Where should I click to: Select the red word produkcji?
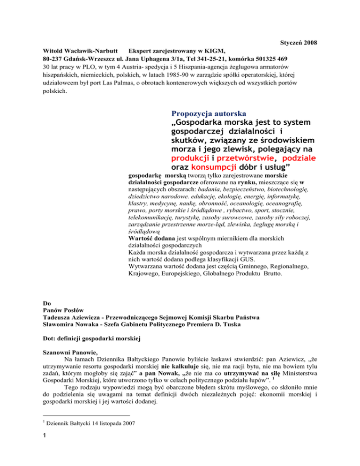point(189,158)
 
